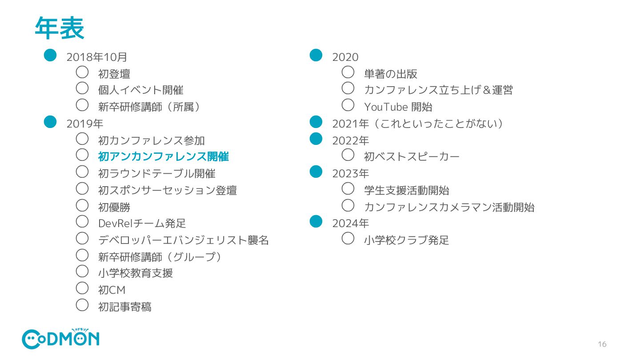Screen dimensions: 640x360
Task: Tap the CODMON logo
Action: (60, 339)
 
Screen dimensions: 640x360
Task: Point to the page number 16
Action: (602, 344)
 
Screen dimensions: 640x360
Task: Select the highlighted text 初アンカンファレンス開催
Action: (163, 156)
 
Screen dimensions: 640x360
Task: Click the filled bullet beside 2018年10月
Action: (50, 55)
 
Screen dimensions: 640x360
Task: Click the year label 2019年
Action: (85, 124)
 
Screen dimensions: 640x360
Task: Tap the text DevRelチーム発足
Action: (142, 223)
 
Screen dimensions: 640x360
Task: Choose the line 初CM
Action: (112, 290)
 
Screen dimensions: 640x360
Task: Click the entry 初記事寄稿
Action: (124, 307)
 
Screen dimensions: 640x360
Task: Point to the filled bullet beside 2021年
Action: (316, 121)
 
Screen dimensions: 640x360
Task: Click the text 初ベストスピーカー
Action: (412, 156)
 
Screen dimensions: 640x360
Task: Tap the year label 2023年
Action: (351, 173)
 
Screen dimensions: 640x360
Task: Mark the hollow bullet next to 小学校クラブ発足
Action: (348, 238)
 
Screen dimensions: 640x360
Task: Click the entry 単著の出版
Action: (390, 74)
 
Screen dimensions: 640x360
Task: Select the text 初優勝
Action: (114, 207)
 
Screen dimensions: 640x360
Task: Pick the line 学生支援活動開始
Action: (406, 190)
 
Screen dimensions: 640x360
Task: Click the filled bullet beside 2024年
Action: (316, 221)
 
